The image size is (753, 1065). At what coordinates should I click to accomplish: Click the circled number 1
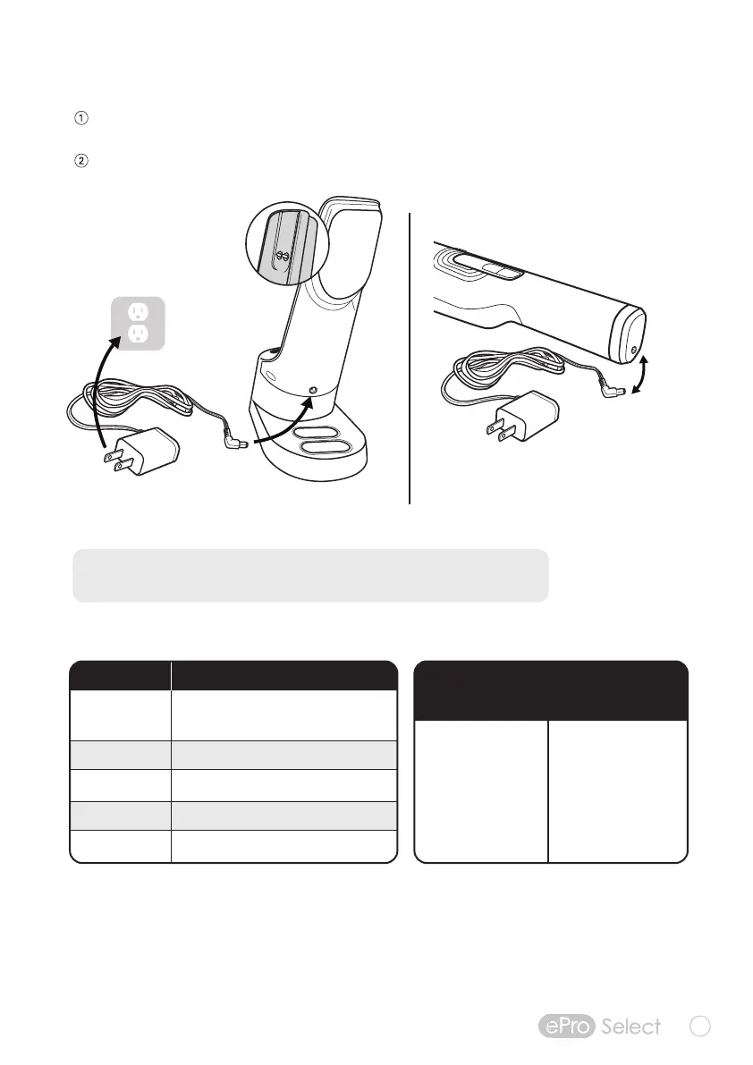80,118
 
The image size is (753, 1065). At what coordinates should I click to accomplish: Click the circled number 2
80,162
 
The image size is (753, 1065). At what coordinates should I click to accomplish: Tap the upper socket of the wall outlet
138,312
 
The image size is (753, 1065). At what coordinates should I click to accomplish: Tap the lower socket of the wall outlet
138,334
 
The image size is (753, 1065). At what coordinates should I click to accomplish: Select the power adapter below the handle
522,416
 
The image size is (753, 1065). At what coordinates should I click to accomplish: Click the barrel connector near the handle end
614,390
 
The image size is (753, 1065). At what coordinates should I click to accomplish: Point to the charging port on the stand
313,389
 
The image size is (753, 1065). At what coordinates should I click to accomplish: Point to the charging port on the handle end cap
633,350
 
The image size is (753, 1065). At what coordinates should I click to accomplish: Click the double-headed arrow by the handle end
641,376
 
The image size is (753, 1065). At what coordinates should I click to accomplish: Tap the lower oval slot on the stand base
325,448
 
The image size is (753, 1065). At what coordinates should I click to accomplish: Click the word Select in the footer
630,1026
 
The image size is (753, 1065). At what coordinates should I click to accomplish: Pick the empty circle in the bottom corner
700,1026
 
